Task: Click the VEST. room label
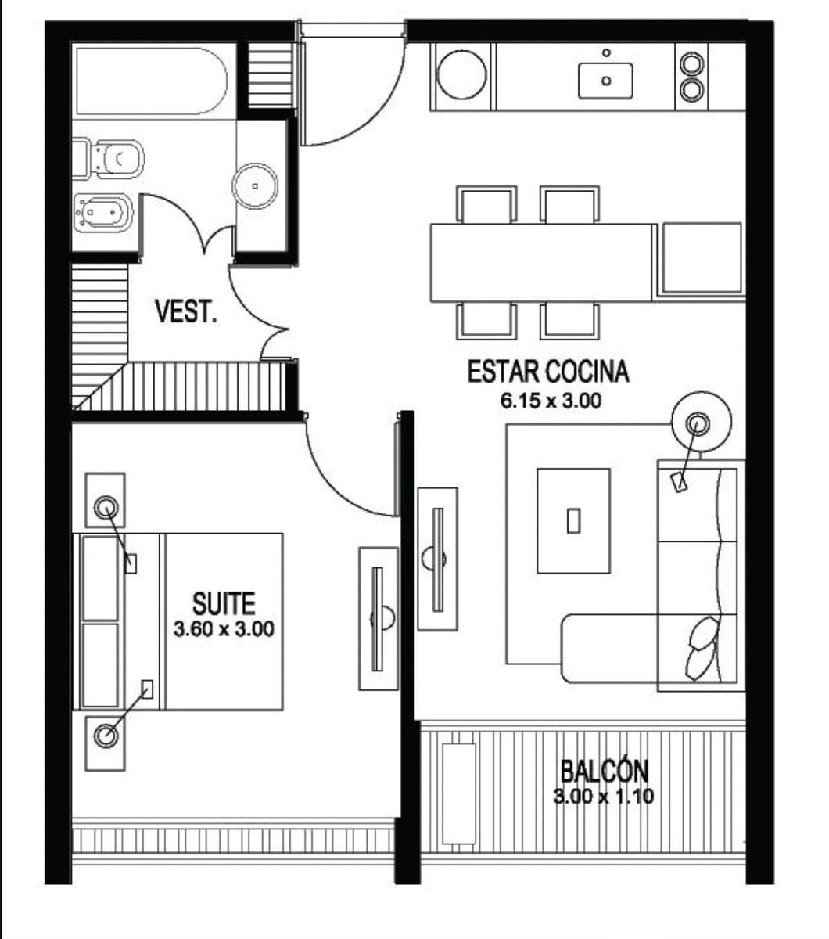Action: (186, 311)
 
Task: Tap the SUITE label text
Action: (224, 603)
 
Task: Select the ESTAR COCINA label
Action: (548, 371)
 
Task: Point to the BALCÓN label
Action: (605, 770)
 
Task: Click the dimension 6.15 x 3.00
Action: (551, 401)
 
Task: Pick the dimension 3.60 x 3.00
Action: (224, 629)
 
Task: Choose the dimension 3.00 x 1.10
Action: (603, 797)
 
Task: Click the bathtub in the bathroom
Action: (152, 81)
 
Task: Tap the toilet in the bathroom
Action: (109, 159)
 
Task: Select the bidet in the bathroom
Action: (103, 213)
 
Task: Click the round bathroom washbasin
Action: (255, 186)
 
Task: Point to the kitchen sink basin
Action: (605, 81)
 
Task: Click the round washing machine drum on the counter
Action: (462, 74)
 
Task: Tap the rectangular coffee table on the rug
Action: (574, 520)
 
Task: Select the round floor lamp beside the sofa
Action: (702, 421)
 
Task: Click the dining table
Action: (541, 263)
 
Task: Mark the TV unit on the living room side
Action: (437, 559)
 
